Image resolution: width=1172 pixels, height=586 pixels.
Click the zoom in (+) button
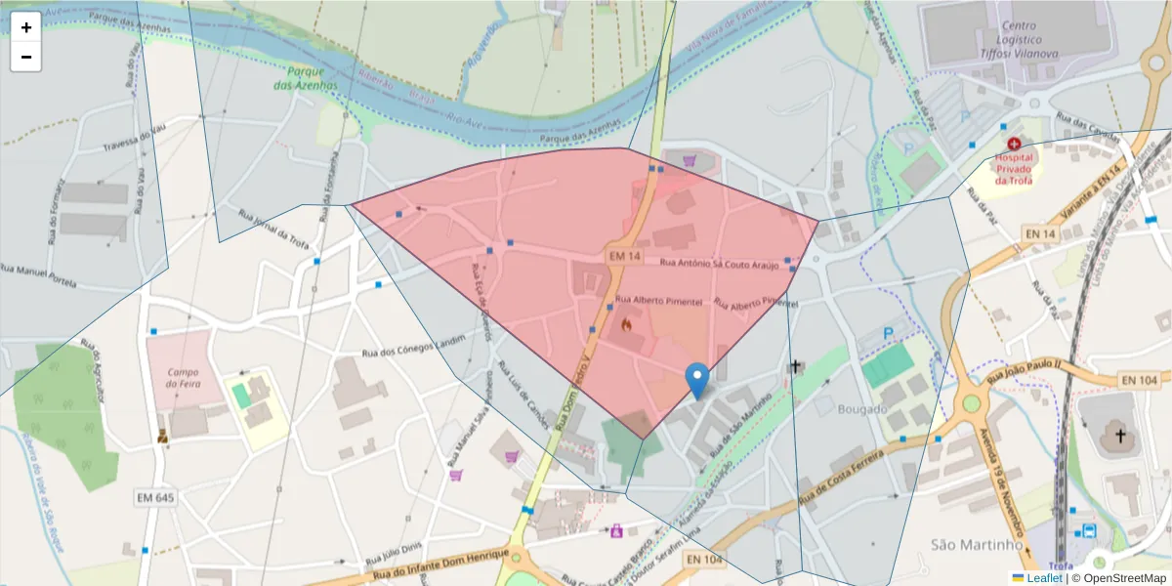click(x=26, y=27)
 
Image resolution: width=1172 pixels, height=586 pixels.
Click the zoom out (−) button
click(x=26, y=57)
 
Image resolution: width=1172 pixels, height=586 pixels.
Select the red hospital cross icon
click(x=1015, y=144)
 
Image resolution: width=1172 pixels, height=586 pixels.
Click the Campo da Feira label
click(x=183, y=378)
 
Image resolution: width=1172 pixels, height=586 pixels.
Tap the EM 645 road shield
click(x=155, y=498)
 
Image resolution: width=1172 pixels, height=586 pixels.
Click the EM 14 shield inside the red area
click(x=624, y=256)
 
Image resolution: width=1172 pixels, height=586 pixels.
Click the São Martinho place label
click(x=969, y=544)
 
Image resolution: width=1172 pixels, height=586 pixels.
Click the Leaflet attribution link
click(x=1044, y=578)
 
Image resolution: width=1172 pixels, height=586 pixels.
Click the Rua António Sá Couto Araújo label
click(x=719, y=264)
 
